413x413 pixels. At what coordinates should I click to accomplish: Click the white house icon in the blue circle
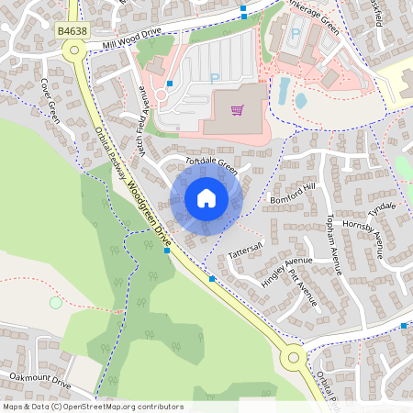coord(206,197)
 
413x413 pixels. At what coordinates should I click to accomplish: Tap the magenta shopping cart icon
coord(237,110)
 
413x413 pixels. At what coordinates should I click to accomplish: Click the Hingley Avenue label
coord(285,272)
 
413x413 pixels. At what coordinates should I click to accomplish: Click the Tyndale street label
coord(382,207)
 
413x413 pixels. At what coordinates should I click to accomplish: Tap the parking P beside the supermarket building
coord(214,78)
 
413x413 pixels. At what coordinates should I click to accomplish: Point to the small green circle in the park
coord(56,302)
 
